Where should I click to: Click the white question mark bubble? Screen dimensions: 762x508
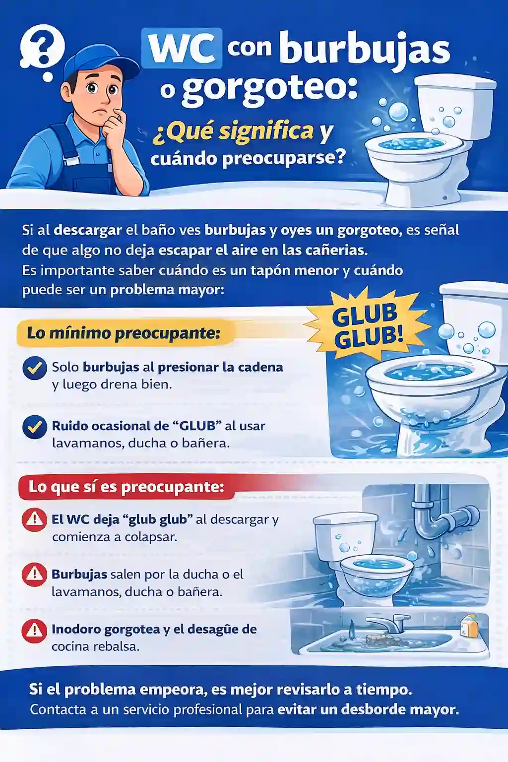42,48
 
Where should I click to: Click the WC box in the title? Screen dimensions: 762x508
182,48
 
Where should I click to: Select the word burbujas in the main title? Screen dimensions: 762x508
364,50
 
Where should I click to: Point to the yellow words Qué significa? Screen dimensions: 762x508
234,131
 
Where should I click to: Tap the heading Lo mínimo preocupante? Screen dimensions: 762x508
124,332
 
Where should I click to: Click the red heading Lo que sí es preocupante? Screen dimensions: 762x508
126,487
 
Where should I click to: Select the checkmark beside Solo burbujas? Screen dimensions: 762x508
35,368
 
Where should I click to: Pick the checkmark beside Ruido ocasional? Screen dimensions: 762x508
35,427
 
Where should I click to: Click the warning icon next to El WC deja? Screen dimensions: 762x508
34,520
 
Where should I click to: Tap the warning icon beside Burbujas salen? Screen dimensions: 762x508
34,574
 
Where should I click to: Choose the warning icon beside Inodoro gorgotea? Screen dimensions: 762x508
34,630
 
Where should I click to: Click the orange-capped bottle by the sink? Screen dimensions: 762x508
469,626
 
